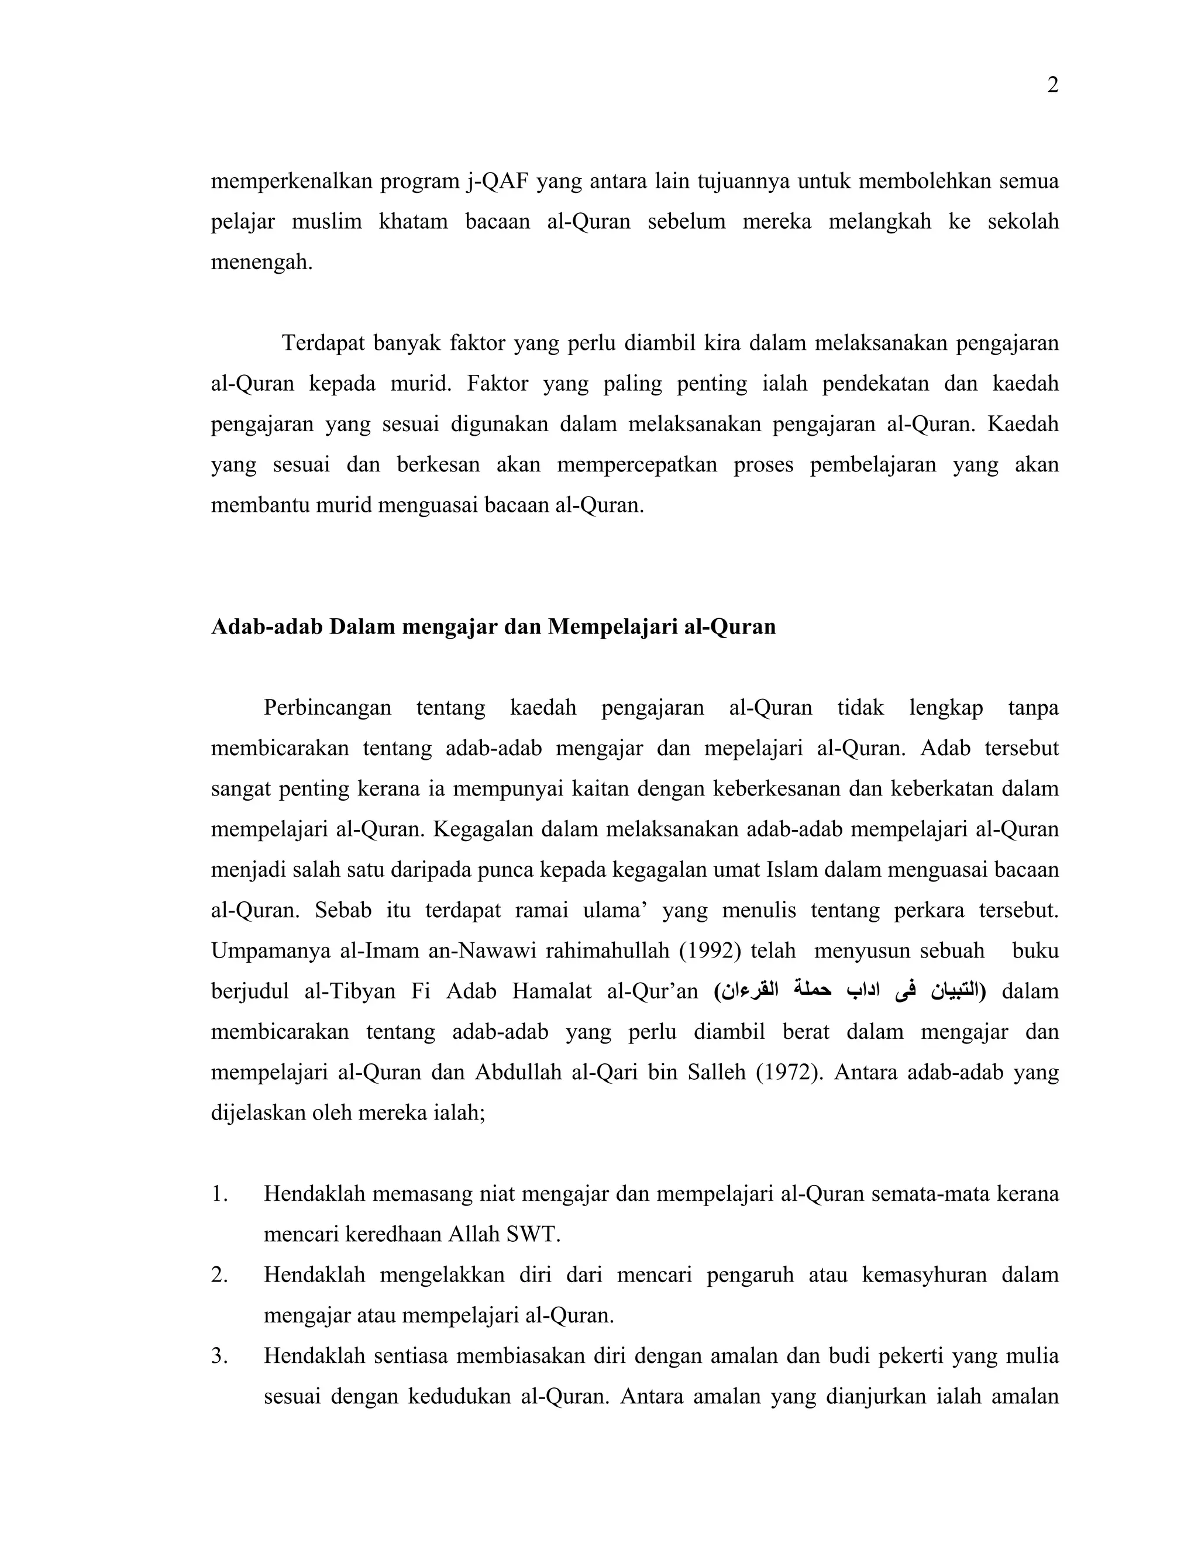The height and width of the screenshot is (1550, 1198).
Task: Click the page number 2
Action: [x=1052, y=86]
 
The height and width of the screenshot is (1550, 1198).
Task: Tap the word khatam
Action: [x=413, y=222]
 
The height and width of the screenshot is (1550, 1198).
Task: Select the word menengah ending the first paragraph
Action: [x=260, y=263]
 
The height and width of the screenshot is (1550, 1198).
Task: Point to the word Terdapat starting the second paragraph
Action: [x=323, y=343]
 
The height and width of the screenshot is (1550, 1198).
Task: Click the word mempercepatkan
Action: [x=636, y=465]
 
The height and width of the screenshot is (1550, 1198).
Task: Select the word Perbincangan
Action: [x=327, y=708]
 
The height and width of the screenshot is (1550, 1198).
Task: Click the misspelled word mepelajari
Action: [x=753, y=749]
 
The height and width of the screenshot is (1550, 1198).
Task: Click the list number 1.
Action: [x=219, y=1194]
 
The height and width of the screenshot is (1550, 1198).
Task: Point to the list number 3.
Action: [x=219, y=1356]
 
